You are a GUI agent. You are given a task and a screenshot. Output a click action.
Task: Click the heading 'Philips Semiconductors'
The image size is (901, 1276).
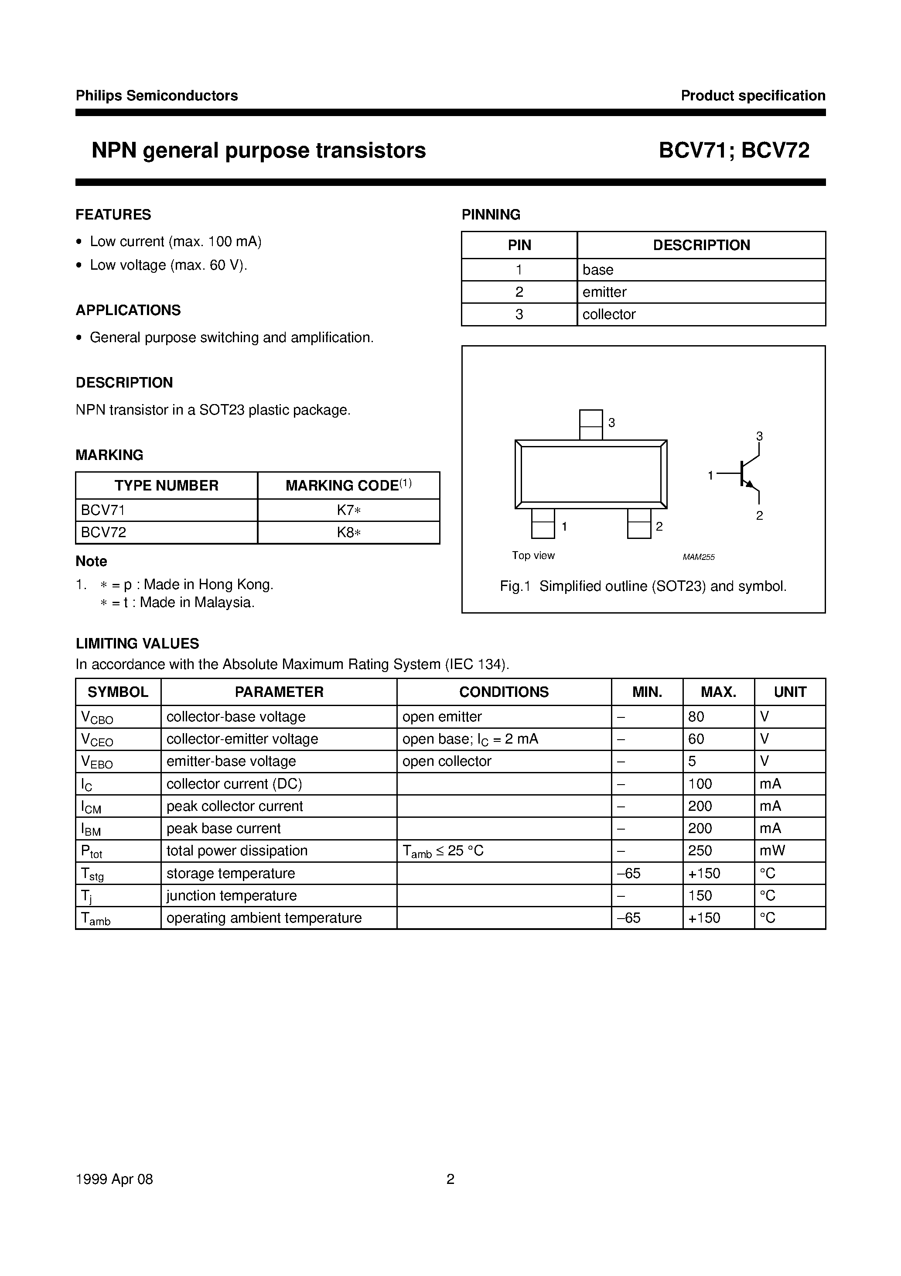(157, 96)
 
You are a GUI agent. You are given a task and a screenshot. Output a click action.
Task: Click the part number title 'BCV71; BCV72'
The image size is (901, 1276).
(734, 151)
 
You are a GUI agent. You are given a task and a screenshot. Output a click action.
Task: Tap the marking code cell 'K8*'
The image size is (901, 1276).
(349, 532)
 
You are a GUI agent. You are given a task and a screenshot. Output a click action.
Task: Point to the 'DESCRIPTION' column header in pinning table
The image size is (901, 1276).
(701, 245)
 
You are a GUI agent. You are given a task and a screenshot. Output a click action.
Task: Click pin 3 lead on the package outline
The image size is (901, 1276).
(590, 425)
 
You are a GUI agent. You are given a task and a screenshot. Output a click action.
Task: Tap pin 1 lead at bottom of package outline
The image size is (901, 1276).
(543, 524)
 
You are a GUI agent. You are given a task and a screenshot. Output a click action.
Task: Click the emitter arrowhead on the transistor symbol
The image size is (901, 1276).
(751, 485)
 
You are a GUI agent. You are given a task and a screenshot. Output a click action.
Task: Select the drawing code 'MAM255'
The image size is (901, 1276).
(698, 557)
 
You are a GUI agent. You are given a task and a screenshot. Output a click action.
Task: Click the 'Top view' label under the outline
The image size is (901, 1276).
(533, 555)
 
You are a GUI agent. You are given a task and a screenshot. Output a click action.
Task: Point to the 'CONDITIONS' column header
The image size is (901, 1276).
(504, 692)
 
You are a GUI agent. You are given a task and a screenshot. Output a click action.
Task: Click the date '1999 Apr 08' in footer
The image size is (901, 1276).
(114, 1179)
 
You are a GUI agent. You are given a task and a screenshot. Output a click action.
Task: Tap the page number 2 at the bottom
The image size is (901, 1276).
(450, 1179)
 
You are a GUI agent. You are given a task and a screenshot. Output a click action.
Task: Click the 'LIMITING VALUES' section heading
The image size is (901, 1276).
(137, 644)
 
